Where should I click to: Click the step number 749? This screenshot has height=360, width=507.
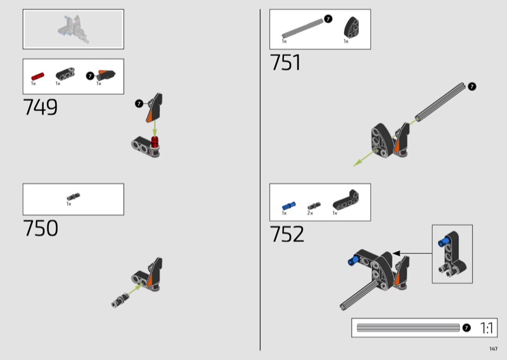coord(41,107)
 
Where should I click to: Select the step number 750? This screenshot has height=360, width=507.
coord(41,228)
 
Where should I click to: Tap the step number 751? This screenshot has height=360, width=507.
coord(285,62)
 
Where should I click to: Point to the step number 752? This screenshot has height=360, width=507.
coord(287,234)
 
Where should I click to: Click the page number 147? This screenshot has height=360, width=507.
coord(494,349)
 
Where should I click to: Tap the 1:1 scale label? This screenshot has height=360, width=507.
coord(487,328)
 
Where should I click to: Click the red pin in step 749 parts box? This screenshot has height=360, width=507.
coord(37,77)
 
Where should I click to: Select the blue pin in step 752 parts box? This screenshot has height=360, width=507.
coord(289,206)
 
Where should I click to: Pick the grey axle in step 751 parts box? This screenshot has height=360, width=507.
coord(302,29)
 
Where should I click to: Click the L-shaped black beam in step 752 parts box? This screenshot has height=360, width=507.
coord(345,200)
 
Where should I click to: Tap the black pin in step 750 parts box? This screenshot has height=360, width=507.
coord(74,196)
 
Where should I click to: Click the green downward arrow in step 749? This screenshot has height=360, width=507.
coord(155,128)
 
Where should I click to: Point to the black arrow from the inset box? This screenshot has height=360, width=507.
coord(413,254)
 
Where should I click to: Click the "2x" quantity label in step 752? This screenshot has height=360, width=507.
coord(310,213)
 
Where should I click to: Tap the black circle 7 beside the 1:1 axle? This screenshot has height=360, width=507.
coord(466,328)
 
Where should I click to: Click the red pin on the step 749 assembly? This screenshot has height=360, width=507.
coord(155,142)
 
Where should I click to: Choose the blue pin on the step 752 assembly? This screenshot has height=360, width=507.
coord(353,260)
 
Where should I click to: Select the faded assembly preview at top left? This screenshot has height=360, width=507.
coord(74,29)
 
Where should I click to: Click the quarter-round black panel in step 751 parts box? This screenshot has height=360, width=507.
coord(352,28)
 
